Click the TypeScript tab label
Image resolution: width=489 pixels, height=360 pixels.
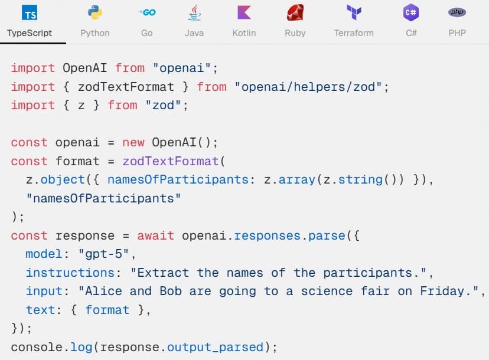coord(30,33)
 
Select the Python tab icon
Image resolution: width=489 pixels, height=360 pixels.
coord(95,12)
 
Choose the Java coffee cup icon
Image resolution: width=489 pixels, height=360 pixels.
coord(194,12)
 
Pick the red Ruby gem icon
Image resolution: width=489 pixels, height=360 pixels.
coord(295,12)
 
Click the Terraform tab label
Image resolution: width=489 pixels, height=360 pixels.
coord(354,33)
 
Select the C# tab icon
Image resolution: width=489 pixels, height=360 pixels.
coord(411,12)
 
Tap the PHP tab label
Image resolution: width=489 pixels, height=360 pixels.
coord(457,33)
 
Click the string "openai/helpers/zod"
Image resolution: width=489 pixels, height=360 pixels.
coord(308,87)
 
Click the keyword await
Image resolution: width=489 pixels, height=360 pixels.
coord(156,235)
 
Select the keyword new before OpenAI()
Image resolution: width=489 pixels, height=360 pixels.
coord(133,142)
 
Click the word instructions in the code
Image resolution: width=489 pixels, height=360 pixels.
coord(70,273)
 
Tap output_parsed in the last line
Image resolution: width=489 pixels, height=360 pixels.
coord(215,347)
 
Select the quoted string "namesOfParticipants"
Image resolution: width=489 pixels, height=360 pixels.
coord(103,198)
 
